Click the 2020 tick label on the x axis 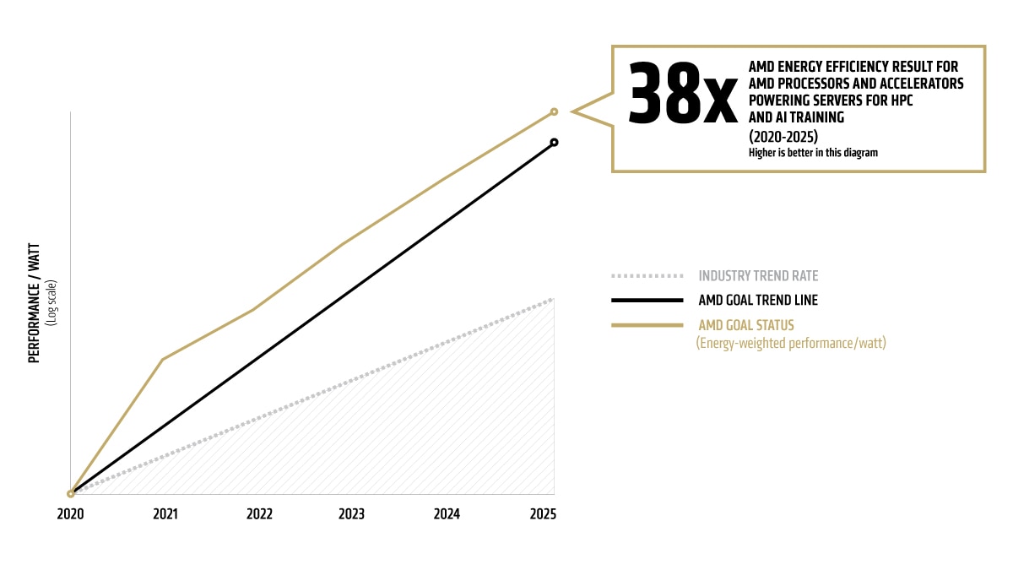click(x=71, y=513)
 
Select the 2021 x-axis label click(x=165, y=513)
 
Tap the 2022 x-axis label click(x=259, y=513)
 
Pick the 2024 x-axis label click(x=447, y=513)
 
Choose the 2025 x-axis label click(x=542, y=513)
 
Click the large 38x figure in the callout click(x=683, y=94)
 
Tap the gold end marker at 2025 click(x=554, y=111)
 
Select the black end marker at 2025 click(x=554, y=142)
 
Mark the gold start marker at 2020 click(x=71, y=494)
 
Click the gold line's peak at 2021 click(x=162, y=360)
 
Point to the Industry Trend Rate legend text click(x=758, y=276)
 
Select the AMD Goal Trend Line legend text click(x=758, y=300)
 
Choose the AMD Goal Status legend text click(x=746, y=325)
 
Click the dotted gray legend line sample click(x=647, y=276)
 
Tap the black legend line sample click(x=647, y=300)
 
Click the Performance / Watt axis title click(x=35, y=303)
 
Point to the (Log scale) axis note click(x=51, y=303)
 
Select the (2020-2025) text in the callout click(x=783, y=136)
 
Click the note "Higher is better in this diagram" click(x=813, y=153)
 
